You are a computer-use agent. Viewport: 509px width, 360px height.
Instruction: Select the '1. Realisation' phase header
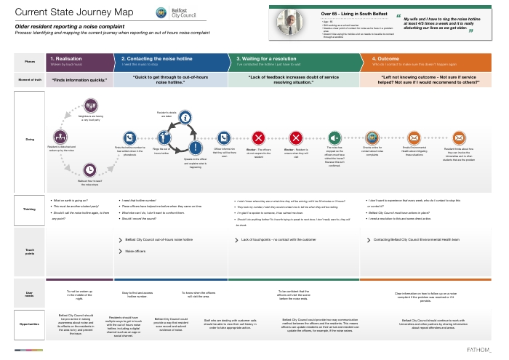[x=80, y=60]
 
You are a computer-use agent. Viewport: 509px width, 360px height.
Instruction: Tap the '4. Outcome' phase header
[x=429, y=60]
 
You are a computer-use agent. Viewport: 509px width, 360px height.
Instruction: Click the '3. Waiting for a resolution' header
[x=298, y=60]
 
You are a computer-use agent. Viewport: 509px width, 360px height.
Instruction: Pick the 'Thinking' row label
[x=29, y=209]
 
